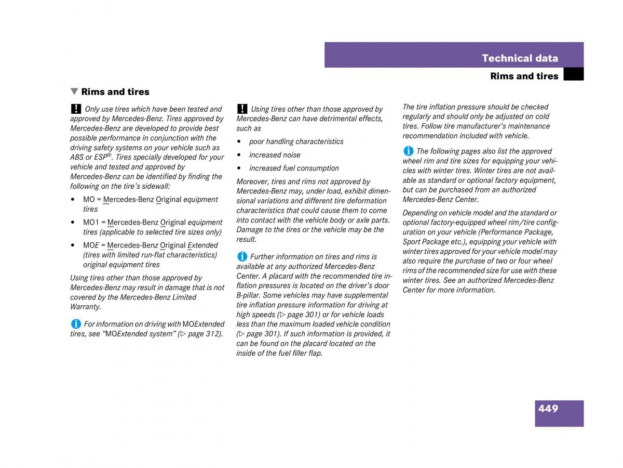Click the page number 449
(x=548, y=409)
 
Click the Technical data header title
(x=520, y=58)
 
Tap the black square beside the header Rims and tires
(x=573, y=75)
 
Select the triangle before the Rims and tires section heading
(x=75, y=92)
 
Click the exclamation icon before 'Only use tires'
(x=76, y=109)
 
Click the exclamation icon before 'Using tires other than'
(x=242, y=109)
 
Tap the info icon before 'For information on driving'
(x=76, y=323)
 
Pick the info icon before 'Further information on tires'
(x=242, y=256)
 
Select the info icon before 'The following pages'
(x=408, y=151)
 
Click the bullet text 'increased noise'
(x=275, y=155)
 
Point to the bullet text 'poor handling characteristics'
(x=296, y=141)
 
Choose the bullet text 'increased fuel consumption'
(x=294, y=168)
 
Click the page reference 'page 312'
(x=204, y=334)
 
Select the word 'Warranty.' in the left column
(x=86, y=307)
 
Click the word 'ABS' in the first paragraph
(x=77, y=158)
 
